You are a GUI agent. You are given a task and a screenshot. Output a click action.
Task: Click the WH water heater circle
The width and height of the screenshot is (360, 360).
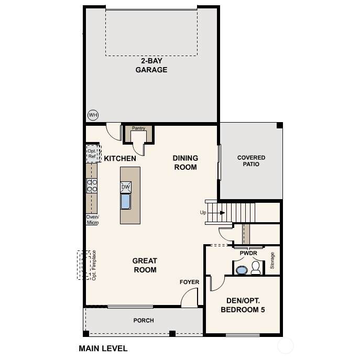tap(93, 115)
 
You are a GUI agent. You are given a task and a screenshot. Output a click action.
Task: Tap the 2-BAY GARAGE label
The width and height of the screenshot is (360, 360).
tap(151, 65)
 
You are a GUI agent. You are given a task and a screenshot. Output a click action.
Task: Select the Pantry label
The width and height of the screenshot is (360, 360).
tap(138, 128)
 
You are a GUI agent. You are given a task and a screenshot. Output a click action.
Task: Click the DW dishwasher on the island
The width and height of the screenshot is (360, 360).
tap(126, 187)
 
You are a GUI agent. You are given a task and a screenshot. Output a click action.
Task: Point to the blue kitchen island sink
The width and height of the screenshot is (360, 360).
tap(126, 201)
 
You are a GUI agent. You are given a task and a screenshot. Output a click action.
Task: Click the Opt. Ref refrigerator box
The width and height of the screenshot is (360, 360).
tap(93, 154)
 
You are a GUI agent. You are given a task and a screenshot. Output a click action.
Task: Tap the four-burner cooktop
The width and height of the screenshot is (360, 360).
tap(92, 186)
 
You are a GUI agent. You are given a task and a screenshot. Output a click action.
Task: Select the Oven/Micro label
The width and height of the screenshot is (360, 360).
tap(93, 220)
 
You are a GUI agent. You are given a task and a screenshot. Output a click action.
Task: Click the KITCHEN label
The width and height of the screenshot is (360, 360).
tap(120, 158)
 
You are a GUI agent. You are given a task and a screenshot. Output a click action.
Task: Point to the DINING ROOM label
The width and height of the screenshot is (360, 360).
tap(186, 162)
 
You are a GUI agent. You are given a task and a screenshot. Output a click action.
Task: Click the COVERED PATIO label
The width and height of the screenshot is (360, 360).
tap(251, 161)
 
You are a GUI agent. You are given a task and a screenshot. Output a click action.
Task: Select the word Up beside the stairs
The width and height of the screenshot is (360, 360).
tap(203, 213)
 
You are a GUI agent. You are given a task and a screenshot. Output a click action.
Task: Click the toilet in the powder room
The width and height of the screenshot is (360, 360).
tap(256, 268)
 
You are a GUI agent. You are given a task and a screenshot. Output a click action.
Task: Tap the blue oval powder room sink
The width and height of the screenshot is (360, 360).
tap(242, 270)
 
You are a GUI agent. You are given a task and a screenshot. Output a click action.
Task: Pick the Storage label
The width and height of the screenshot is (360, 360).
tap(272, 260)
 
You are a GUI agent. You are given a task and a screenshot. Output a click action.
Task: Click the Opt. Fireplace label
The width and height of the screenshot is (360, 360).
tap(94, 265)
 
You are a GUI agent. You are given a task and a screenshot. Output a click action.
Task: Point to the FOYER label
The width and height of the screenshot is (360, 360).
tap(189, 282)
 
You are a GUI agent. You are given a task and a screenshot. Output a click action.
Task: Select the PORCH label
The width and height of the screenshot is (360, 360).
tap(144, 320)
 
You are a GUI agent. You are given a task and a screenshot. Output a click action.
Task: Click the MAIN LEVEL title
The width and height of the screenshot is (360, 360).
tap(103, 348)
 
